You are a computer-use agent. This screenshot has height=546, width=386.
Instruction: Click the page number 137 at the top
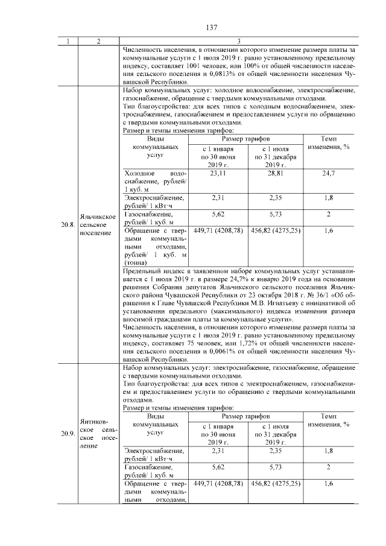211,28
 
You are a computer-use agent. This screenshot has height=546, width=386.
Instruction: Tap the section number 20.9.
67,433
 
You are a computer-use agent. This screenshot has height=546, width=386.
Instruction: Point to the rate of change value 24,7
329,173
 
